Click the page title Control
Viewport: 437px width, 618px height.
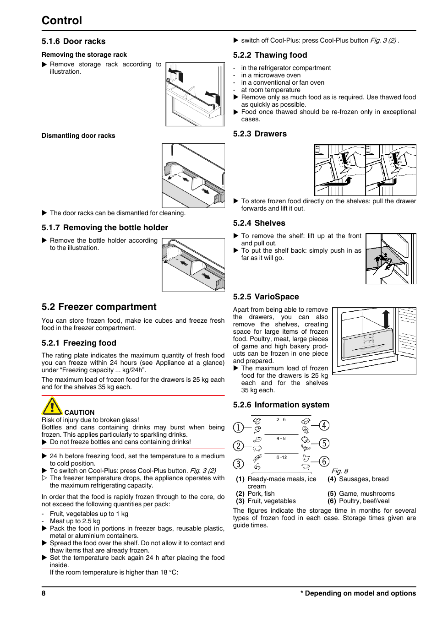[x=62, y=21]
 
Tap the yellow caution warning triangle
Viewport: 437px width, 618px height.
[x=52, y=407]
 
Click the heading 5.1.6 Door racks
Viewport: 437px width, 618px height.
[x=73, y=41]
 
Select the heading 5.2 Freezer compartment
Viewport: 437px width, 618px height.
[x=99, y=307]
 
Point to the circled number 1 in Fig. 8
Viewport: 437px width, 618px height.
[x=238, y=428]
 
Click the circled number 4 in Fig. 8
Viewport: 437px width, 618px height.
[x=324, y=425]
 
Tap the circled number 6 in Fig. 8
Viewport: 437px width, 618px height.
[x=324, y=461]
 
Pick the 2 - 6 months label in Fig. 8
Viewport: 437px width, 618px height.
[x=281, y=420]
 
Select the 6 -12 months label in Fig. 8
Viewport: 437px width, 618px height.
[x=281, y=457]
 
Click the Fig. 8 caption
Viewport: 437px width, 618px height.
[x=339, y=471]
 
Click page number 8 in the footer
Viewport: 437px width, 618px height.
[x=44, y=593]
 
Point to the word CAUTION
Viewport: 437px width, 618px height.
[x=79, y=412]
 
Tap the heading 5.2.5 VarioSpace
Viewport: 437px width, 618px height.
[x=266, y=297]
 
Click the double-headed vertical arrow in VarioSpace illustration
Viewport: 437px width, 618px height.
[x=386, y=320]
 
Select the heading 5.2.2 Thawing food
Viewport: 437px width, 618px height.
[x=270, y=55]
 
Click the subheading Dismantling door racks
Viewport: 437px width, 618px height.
[x=78, y=136]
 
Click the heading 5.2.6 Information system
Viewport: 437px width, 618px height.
[x=281, y=405]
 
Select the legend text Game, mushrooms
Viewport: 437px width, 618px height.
[x=366, y=493]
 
